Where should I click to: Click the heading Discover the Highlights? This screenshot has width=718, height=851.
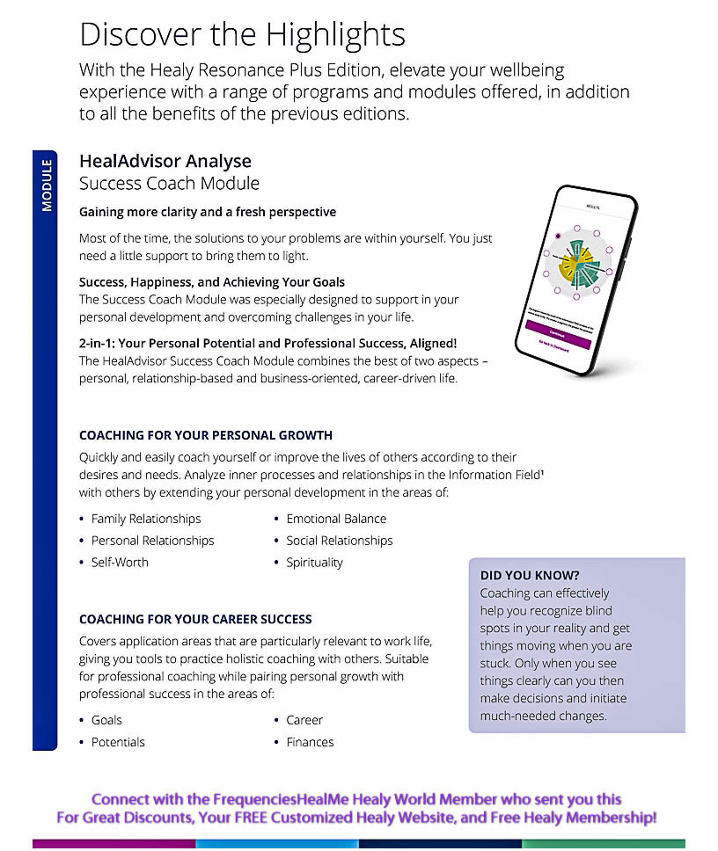click(242, 34)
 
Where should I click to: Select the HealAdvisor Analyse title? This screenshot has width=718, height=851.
click(165, 161)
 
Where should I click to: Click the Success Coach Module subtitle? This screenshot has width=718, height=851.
click(169, 184)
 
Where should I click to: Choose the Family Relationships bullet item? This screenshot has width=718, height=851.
click(146, 519)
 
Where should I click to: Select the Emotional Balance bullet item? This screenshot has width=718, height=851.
click(336, 519)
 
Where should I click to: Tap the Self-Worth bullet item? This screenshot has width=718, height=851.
click(120, 563)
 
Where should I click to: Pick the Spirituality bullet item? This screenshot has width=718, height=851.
click(314, 563)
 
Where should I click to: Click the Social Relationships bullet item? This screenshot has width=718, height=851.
click(339, 541)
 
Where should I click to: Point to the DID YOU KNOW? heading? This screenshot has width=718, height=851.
click(530, 576)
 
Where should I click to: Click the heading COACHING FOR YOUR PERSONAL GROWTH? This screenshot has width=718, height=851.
click(206, 435)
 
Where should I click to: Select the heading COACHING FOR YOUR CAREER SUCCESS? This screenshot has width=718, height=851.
click(195, 620)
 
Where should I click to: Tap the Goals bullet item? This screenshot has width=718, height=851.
click(106, 720)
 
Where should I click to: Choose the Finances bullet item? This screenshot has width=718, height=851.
click(310, 742)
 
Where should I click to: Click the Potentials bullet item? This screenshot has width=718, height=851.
click(118, 742)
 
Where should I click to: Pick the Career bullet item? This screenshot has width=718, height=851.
click(304, 720)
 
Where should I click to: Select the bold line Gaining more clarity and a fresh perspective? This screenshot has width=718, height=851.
click(208, 212)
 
